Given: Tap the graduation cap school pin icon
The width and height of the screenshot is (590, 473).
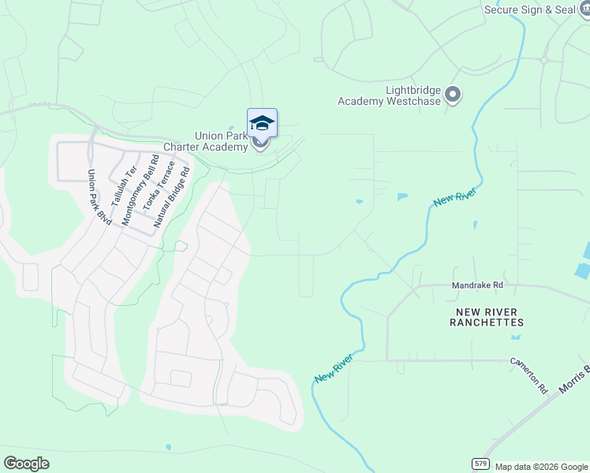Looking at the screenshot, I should (x=262, y=124).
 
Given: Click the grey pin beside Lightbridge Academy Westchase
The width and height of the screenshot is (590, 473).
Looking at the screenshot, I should (x=453, y=95).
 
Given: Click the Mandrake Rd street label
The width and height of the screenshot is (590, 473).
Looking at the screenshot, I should (x=477, y=285).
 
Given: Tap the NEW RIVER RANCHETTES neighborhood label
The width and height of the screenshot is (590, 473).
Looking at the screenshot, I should (x=487, y=317).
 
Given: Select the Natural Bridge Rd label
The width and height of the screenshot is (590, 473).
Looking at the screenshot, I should (x=172, y=196).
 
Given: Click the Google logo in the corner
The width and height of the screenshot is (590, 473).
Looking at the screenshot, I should (x=26, y=464).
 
